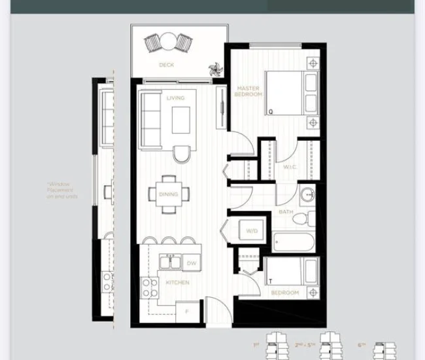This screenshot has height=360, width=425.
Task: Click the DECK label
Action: [166, 65]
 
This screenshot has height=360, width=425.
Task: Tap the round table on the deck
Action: [169, 42]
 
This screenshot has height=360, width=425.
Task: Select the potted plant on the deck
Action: [214, 69]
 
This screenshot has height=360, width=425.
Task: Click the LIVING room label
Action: [175, 98]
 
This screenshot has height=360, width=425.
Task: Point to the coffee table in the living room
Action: [181, 119]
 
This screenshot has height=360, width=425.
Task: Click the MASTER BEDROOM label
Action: [248, 92]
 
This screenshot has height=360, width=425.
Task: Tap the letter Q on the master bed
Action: [270, 112]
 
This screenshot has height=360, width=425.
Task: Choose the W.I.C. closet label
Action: [290, 167]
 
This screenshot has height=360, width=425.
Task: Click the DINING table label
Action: [168, 194]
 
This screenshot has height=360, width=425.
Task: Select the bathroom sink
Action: [307, 195]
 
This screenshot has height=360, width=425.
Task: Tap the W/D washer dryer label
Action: [252, 231]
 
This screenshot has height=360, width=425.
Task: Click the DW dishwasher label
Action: [192, 263]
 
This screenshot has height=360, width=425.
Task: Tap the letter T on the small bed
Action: [270, 280]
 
